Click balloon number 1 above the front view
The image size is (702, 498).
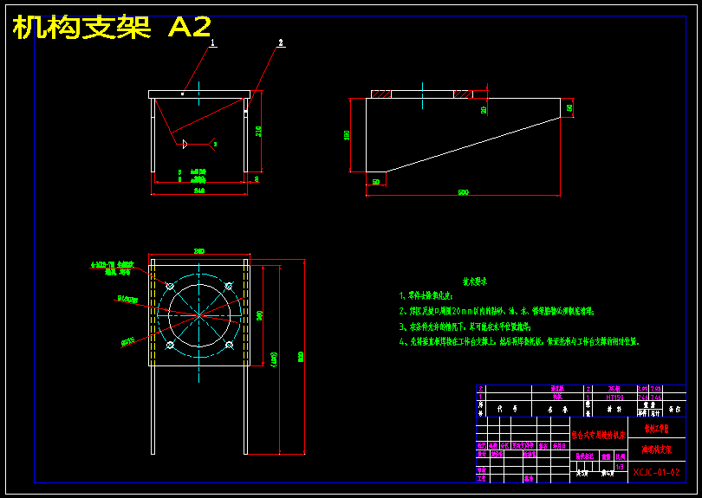212,42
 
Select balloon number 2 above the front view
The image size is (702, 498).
281,42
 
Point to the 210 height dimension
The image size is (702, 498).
258,131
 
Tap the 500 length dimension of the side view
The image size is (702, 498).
462,191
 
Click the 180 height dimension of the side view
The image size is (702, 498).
347,135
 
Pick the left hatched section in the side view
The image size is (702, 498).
381,94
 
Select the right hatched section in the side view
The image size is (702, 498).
462,94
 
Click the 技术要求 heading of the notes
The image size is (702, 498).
474,281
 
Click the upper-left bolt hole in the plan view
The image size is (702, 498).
171,285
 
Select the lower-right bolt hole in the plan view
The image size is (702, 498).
229,345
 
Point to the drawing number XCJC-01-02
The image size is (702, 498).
655,472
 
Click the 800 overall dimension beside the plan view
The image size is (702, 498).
301,355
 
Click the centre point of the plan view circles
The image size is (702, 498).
200,314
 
